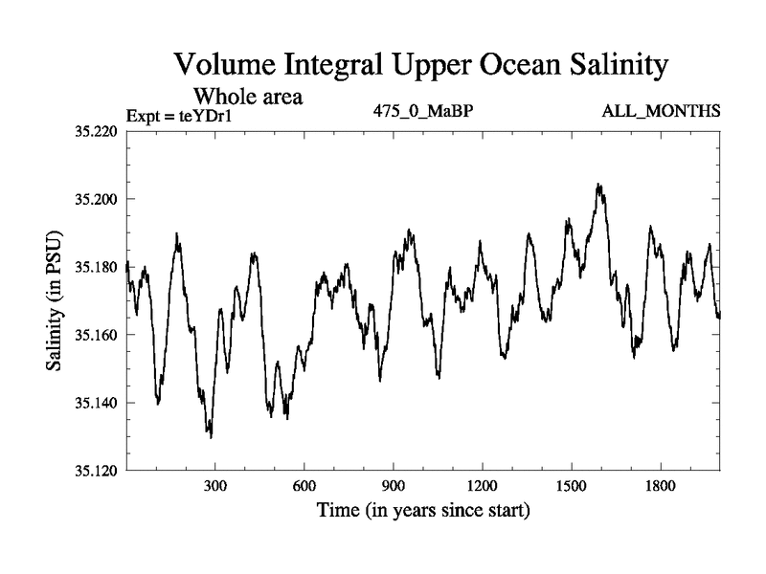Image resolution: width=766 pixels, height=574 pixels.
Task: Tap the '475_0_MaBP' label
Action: (423, 112)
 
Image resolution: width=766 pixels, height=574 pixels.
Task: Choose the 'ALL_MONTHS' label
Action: (661, 112)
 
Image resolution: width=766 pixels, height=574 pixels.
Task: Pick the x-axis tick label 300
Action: (215, 486)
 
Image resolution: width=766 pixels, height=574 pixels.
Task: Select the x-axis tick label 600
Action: (304, 486)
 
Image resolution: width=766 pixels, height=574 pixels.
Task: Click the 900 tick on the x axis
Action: (394, 486)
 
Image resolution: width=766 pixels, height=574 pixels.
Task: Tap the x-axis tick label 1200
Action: (482, 486)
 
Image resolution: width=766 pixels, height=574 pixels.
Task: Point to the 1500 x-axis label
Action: (571, 486)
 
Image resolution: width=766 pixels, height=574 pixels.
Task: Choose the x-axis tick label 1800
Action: (660, 486)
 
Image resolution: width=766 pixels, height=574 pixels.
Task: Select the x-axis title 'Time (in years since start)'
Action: (423, 511)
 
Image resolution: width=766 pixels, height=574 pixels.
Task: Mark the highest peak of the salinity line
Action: (598, 185)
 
